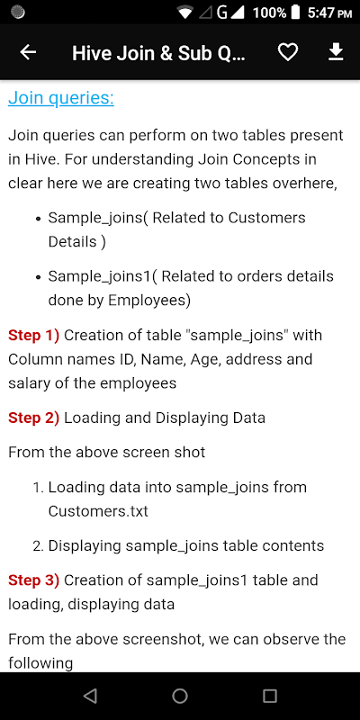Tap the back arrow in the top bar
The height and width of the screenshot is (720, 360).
28,53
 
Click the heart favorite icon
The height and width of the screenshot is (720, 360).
288,53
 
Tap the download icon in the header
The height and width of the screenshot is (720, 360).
336,52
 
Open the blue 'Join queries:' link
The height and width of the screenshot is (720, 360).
61,98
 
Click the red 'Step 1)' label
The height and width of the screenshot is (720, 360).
33,335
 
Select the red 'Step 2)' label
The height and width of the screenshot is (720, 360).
33,418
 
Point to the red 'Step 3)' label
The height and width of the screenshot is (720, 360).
33,580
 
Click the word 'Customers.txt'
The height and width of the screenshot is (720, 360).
98,511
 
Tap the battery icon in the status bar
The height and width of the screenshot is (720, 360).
296,12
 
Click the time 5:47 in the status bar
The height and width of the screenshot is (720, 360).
320,13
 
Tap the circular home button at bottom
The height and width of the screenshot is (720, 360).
180,696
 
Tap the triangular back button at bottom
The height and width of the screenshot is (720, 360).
91,696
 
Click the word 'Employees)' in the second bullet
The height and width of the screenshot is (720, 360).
149,301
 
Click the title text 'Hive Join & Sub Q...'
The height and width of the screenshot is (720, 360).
159,53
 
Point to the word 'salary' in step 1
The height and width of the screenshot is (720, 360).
30,383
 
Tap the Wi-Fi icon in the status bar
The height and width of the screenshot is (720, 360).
185,13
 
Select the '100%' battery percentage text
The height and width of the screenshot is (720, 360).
269,13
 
